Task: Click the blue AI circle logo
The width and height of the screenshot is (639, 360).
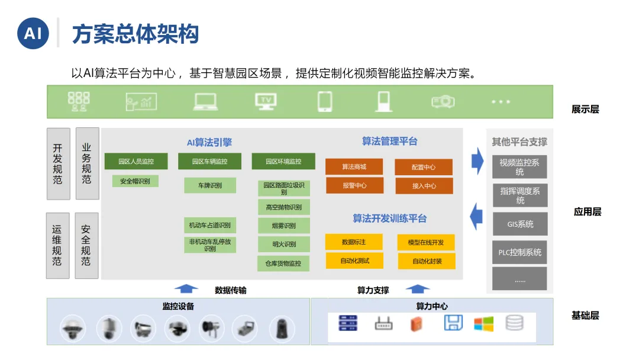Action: (x=33, y=33)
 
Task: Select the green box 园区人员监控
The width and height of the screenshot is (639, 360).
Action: (x=135, y=161)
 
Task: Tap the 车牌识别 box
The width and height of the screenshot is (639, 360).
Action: (x=209, y=185)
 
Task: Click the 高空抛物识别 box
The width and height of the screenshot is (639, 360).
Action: (x=283, y=207)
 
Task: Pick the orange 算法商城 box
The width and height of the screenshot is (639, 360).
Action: (x=354, y=167)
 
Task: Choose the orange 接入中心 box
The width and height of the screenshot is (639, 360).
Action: (x=424, y=186)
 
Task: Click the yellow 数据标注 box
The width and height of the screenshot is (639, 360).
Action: (x=354, y=242)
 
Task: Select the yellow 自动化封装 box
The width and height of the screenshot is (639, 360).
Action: (x=427, y=261)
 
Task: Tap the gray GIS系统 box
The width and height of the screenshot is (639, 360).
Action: (x=520, y=224)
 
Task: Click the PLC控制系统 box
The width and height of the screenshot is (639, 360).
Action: (x=519, y=252)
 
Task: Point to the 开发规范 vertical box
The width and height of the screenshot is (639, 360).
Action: (x=57, y=163)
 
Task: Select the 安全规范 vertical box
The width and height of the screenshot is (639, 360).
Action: (x=86, y=245)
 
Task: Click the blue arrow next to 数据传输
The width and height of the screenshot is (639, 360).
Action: (x=186, y=289)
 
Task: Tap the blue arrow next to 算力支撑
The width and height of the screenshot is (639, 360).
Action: (x=418, y=289)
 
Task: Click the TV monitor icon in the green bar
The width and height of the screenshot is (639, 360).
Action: (x=266, y=101)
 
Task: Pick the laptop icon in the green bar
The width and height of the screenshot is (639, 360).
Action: (x=205, y=102)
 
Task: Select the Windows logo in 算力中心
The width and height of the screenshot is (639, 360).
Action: (x=483, y=324)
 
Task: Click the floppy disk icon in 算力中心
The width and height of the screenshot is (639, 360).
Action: (x=453, y=323)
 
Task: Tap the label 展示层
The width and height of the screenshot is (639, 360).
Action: (x=585, y=110)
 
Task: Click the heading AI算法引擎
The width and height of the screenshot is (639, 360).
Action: (x=209, y=142)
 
